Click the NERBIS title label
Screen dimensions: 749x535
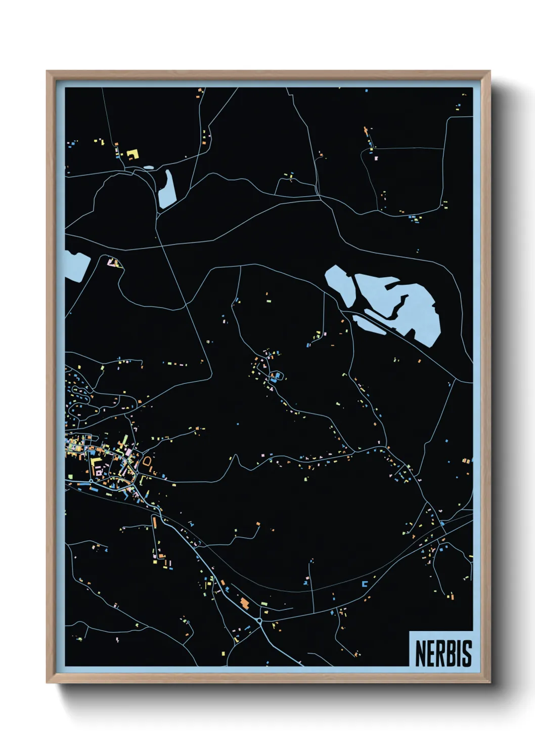click(x=443, y=653)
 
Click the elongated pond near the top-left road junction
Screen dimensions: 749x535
click(x=167, y=190)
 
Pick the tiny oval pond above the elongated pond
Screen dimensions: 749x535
click(x=148, y=167)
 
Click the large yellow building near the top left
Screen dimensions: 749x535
click(x=132, y=153)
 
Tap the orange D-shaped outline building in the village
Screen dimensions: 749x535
click(x=147, y=462)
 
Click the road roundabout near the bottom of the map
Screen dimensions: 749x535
click(x=259, y=620)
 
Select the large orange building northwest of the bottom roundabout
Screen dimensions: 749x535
click(x=245, y=603)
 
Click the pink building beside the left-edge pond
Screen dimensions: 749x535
click(x=112, y=263)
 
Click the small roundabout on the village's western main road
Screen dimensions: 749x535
click(x=91, y=481)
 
